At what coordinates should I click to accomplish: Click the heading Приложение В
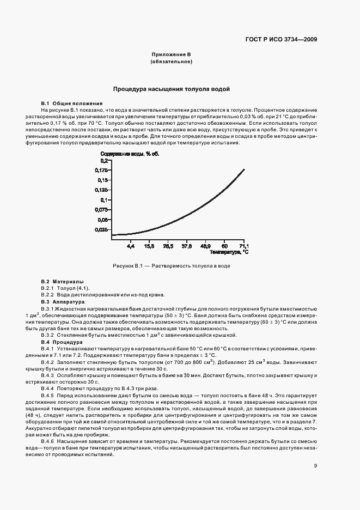tap(171, 54)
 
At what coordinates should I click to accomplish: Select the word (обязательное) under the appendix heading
tap(171, 62)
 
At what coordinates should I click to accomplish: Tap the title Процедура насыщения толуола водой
tap(171, 88)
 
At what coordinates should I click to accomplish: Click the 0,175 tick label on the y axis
tap(102, 171)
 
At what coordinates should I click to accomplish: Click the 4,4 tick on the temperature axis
tap(130, 247)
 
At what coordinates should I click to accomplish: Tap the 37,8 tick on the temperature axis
tap(186, 247)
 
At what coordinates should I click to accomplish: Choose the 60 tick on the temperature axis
tap(224, 247)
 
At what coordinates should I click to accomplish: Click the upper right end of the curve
tap(243, 169)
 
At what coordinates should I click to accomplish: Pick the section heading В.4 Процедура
tap(62, 342)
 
